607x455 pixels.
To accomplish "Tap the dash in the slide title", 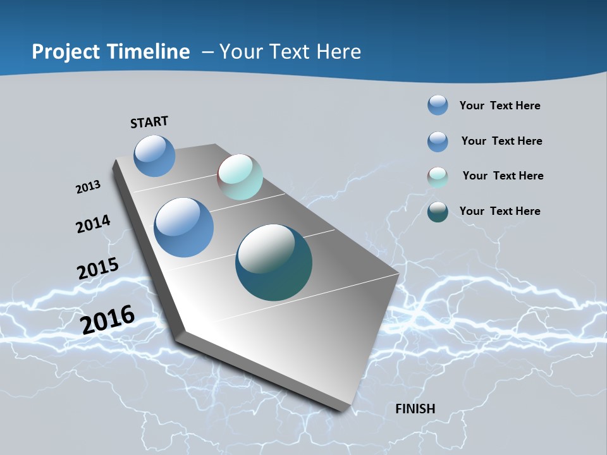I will (207, 52).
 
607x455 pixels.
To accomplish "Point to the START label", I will (149, 122).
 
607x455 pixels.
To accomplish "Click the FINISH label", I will (415, 409).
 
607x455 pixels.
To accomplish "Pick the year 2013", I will (89, 186).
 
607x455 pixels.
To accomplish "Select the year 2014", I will (94, 224).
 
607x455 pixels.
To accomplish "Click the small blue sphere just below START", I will (154, 155).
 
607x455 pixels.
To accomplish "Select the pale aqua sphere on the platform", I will (240, 177).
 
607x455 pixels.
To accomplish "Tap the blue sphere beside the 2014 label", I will (184, 227).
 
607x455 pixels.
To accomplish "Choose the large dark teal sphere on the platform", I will (274, 262).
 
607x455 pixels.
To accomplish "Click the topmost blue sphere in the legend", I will (438, 105).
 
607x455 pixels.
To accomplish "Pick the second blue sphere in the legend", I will (438, 142).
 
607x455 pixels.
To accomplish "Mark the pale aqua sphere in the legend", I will (438, 177).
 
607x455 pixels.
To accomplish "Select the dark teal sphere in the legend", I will (438, 212).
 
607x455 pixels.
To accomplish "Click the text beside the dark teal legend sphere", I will (500, 211).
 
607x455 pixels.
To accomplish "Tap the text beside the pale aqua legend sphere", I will (503, 176).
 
